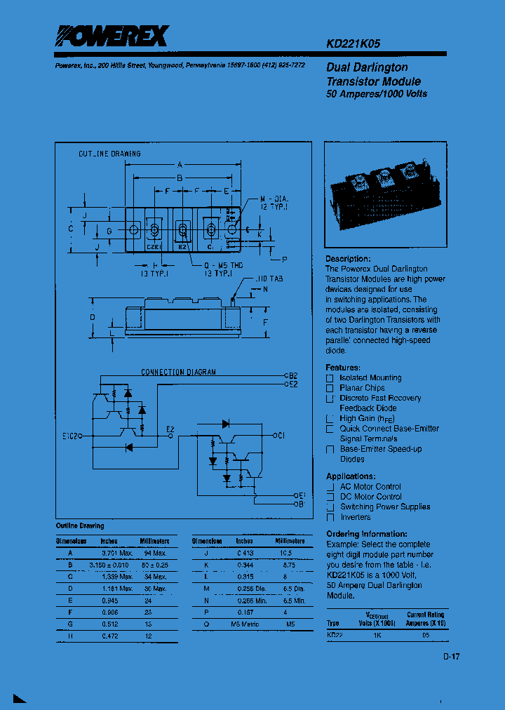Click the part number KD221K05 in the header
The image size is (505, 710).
[x=353, y=43]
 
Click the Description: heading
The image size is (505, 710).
[x=348, y=259]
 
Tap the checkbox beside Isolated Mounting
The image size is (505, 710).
[x=330, y=378]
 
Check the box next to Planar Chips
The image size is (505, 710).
[x=330, y=388]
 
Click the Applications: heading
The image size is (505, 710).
[x=351, y=476]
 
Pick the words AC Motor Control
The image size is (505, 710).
[x=370, y=487]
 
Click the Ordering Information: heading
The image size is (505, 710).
[x=367, y=534]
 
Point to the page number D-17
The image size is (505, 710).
[x=451, y=657]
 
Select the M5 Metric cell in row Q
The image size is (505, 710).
[x=245, y=623]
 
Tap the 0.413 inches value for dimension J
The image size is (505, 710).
[x=244, y=553]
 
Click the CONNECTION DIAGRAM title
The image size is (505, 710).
[x=179, y=372]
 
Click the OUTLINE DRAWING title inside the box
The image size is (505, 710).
[x=109, y=154]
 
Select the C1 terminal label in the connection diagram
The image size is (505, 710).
[x=281, y=436]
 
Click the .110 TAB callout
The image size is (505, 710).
[x=270, y=279]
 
